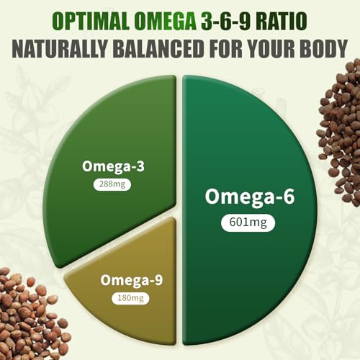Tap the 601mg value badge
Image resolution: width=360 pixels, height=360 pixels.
pyautogui.click(x=239, y=222)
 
